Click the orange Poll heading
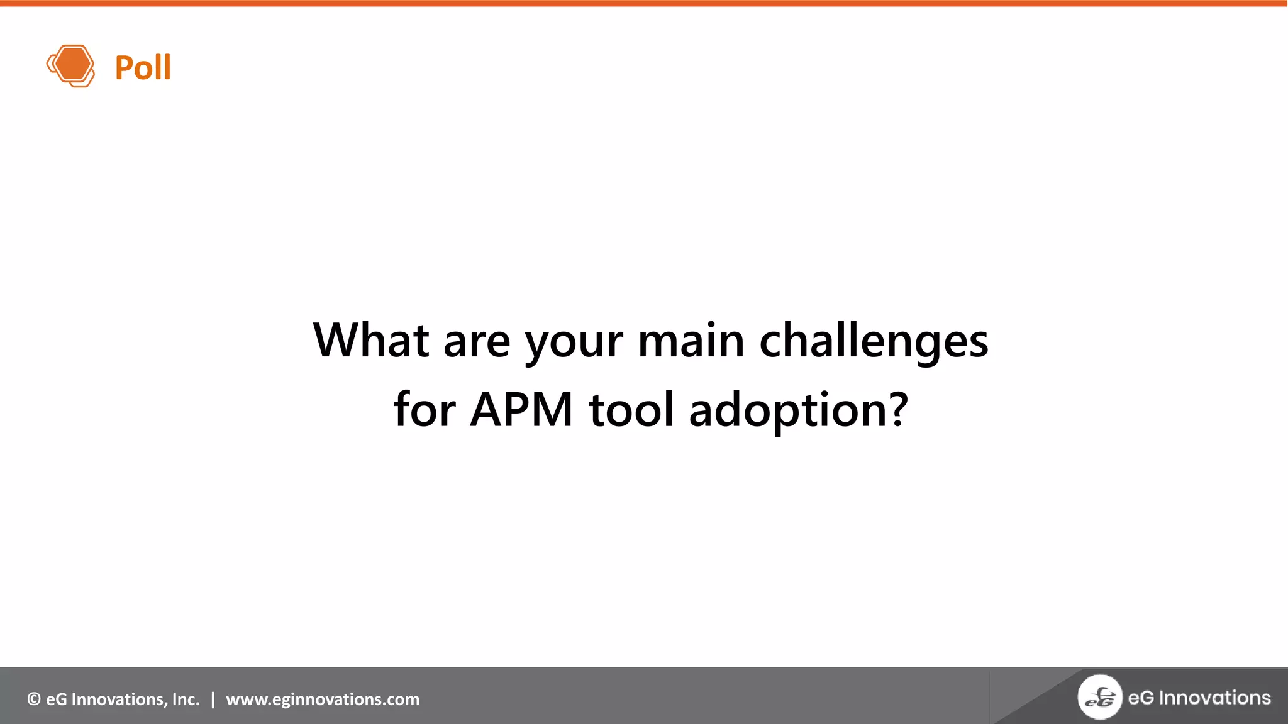(143, 67)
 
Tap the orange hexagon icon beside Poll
(71, 65)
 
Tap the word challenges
(874, 341)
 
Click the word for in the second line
(425, 409)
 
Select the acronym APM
(521, 410)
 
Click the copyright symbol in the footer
(34, 699)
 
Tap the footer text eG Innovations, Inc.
(122, 699)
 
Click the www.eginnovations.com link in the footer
(323, 699)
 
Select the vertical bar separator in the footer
(213, 699)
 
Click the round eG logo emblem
(1099, 696)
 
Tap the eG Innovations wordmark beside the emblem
(1199, 698)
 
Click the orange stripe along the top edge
(644, 3)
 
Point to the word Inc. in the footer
(186, 699)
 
